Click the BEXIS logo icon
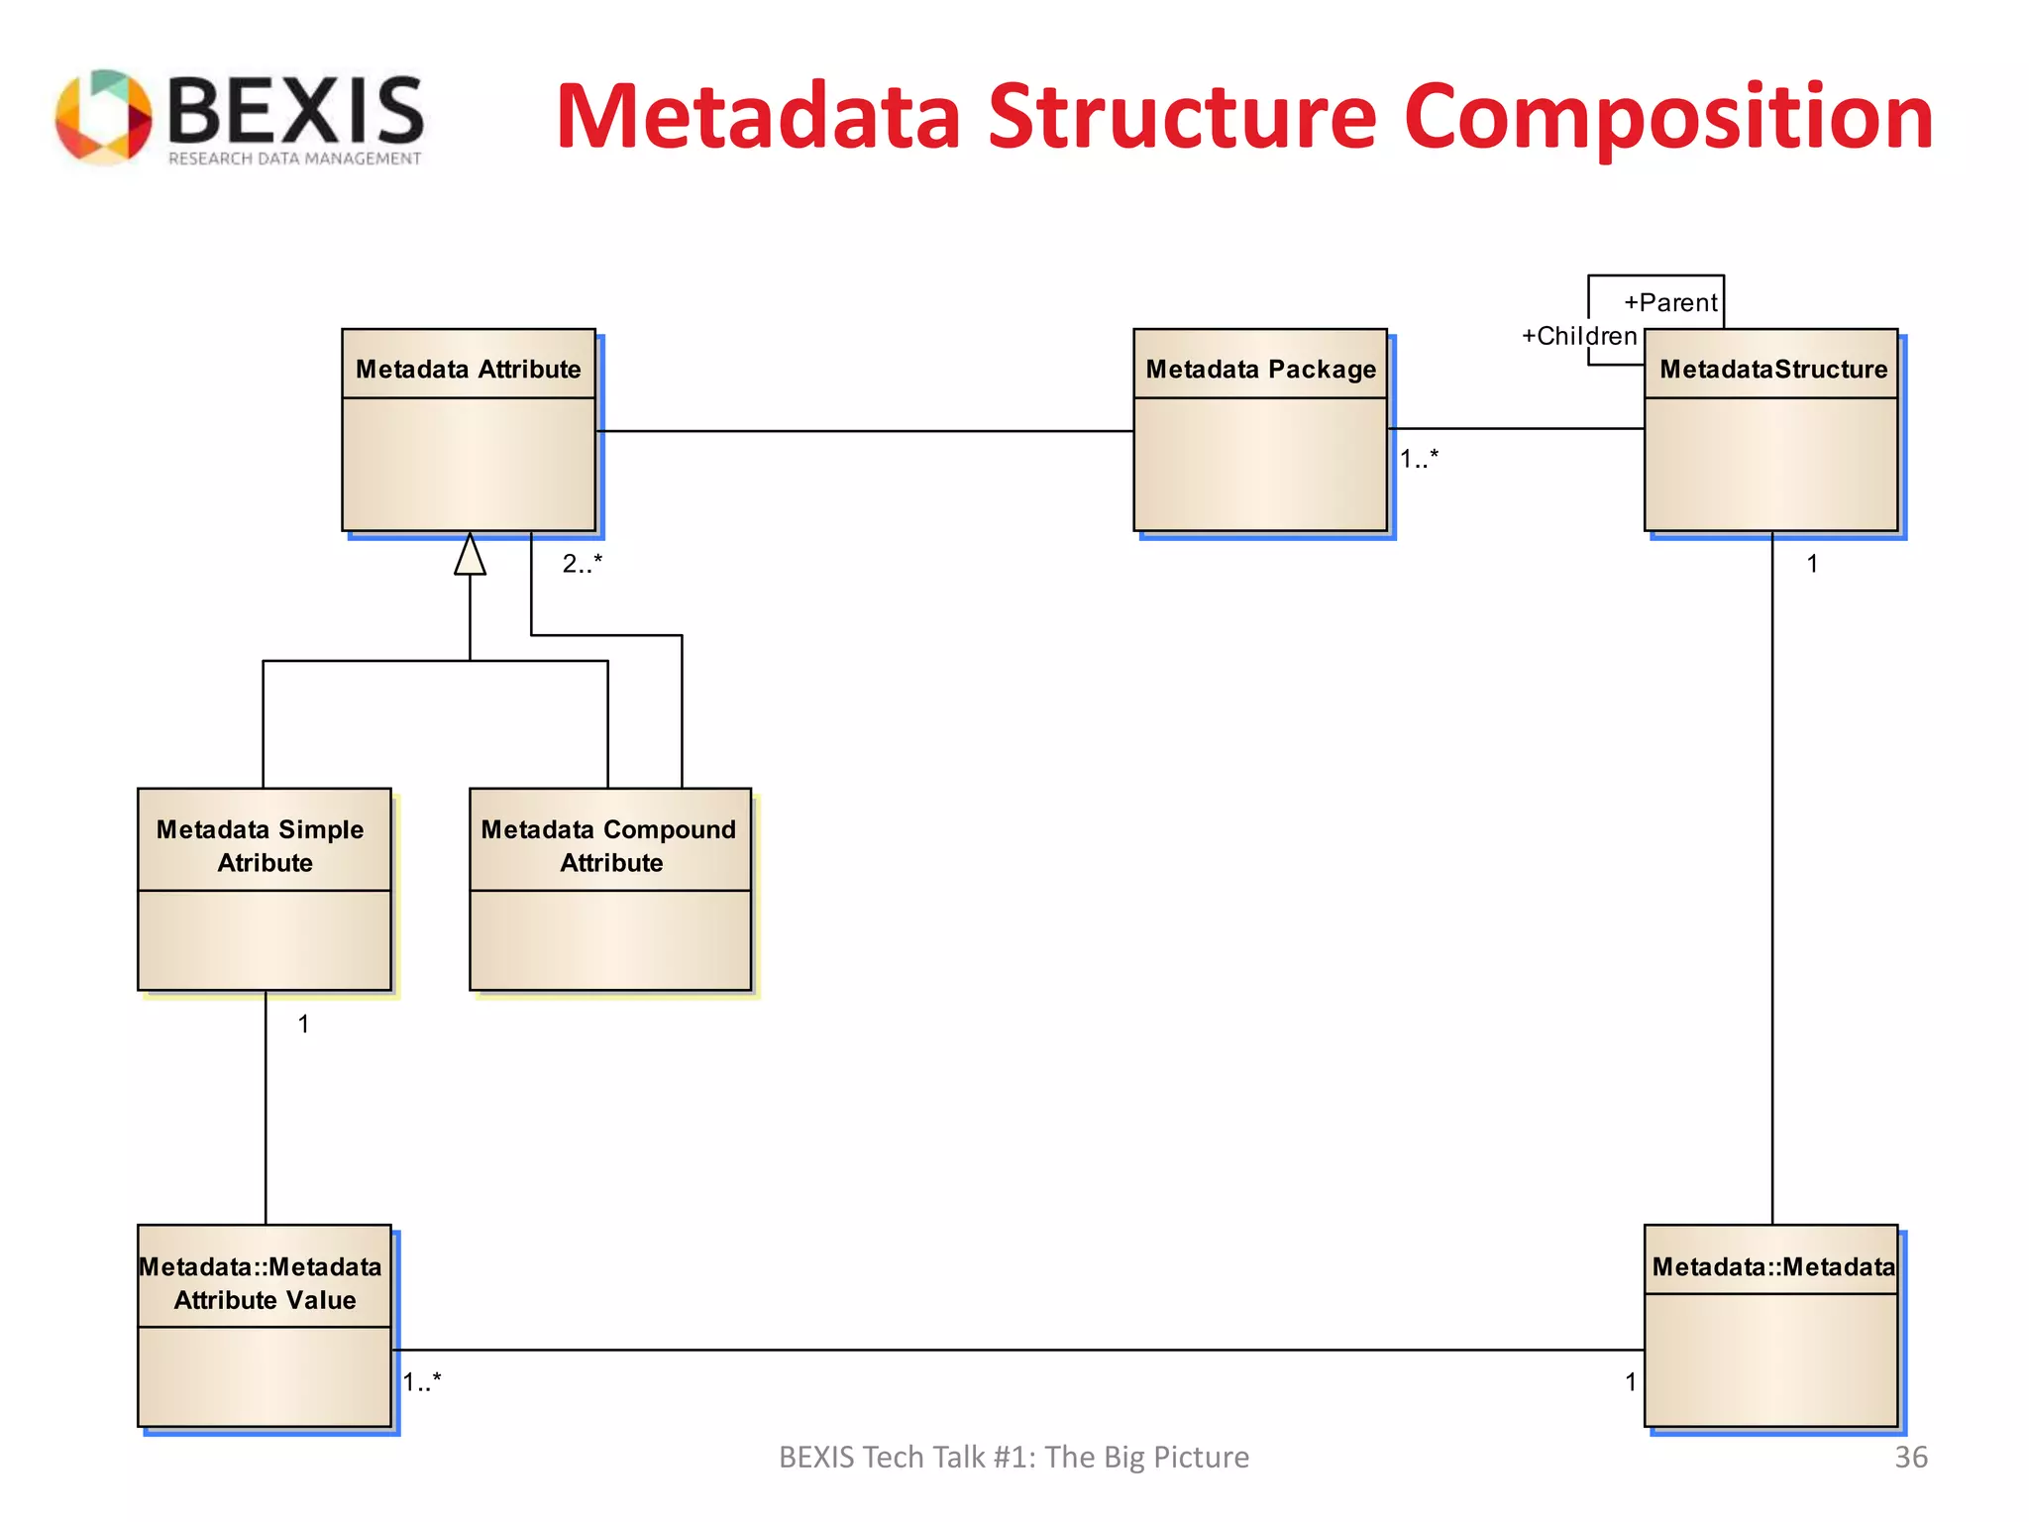(x=103, y=117)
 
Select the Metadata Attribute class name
(x=468, y=370)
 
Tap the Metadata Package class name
(x=1260, y=370)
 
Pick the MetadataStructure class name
(x=1773, y=370)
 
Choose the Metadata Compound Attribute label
(x=609, y=845)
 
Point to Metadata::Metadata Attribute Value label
(x=263, y=1283)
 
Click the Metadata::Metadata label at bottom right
(x=1772, y=1267)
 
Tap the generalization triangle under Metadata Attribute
(x=470, y=556)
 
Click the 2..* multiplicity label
(x=582, y=564)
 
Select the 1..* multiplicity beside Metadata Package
(x=1418, y=459)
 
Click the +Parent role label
(x=1670, y=303)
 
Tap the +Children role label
(x=1579, y=337)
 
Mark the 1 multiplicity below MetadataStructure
(x=1812, y=564)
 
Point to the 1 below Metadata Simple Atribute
(x=303, y=1025)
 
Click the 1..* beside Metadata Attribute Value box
(x=422, y=1382)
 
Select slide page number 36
(x=1910, y=1458)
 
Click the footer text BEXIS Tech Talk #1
(x=1013, y=1458)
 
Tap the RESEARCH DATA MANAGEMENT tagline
(x=294, y=159)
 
